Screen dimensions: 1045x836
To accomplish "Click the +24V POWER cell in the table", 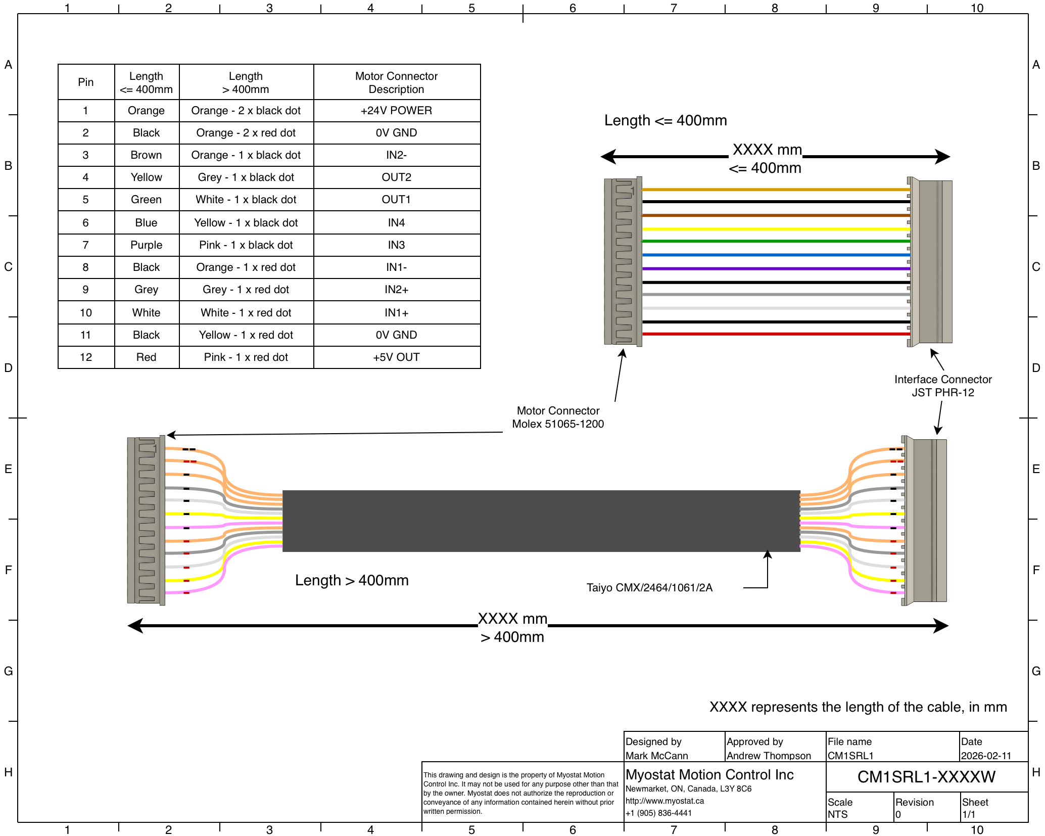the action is coord(396,111).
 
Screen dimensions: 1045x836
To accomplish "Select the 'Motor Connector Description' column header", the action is coord(396,82).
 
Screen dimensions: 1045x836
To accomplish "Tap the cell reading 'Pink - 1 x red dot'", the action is coord(246,357).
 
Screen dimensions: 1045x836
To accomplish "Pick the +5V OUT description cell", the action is coord(396,357).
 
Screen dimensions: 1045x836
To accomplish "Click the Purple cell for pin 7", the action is coord(147,245).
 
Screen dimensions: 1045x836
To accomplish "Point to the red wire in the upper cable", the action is coord(776,334).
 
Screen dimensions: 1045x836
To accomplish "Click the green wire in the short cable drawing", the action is coord(776,242).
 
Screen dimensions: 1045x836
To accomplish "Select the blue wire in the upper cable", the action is coord(776,255).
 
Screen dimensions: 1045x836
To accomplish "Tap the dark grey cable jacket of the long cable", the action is coord(541,521).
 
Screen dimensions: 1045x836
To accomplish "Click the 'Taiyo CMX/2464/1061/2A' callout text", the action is coord(649,588).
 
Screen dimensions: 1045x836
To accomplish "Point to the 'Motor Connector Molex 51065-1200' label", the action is coord(558,417).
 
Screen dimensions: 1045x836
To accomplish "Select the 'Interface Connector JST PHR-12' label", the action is coord(943,386).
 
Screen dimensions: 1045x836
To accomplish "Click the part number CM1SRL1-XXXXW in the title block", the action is coord(926,777).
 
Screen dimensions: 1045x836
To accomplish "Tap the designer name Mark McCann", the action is coord(656,756).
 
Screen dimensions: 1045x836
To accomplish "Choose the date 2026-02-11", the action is coord(986,756).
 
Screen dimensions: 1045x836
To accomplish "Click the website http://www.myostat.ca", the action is coord(664,801).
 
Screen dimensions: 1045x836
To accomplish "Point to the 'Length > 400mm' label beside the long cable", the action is coord(352,580).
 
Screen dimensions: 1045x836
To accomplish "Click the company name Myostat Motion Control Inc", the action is coord(709,775).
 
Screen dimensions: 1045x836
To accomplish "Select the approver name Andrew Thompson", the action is coord(769,756).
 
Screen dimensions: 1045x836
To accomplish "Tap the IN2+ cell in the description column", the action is coord(396,290).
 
